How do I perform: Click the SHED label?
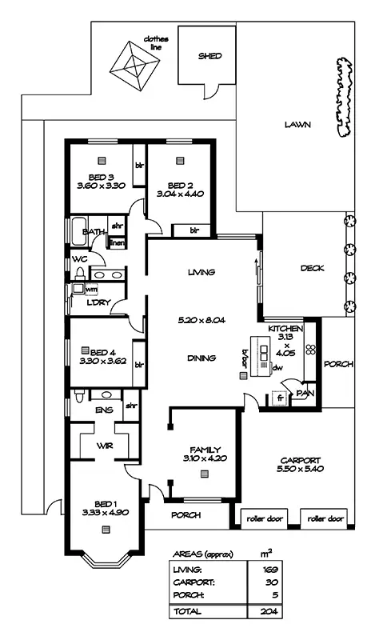[210, 56]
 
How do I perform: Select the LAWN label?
[297, 125]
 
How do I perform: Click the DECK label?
[312, 268]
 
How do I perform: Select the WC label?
[79, 259]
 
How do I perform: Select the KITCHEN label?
[285, 329]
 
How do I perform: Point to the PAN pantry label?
[304, 393]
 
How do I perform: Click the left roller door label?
[265, 518]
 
